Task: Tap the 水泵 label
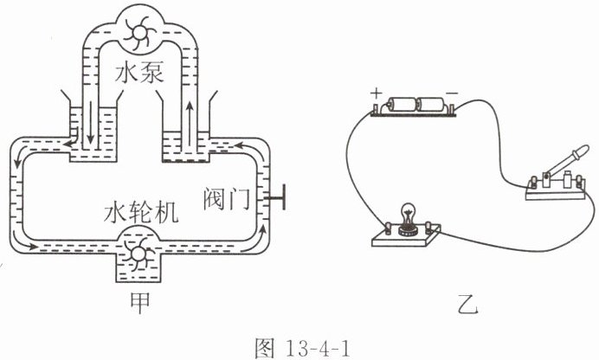click(139, 73)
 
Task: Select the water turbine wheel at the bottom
click(138, 254)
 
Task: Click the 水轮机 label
click(141, 212)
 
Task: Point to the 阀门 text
click(226, 198)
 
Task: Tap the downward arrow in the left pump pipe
click(91, 122)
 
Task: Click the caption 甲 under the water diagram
click(140, 303)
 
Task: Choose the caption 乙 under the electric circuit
click(467, 305)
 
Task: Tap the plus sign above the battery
click(377, 93)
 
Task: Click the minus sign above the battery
click(452, 93)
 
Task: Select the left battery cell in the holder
click(401, 105)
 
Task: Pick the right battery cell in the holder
click(430, 104)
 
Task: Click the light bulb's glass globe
click(409, 213)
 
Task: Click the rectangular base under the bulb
click(407, 237)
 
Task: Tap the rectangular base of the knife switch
click(556, 190)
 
